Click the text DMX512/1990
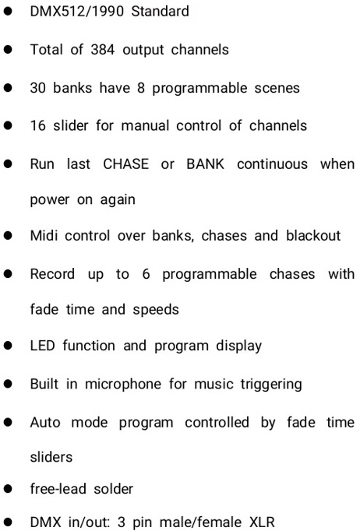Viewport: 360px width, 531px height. (77, 11)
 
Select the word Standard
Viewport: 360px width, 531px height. (160, 11)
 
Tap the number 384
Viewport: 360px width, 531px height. (103, 50)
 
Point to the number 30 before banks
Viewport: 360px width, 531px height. (37, 88)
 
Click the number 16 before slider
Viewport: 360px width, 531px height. (37, 125)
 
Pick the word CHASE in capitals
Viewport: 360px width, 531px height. (125, 164)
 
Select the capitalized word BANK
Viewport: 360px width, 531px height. (206, 164)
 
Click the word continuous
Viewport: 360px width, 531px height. (272, 164)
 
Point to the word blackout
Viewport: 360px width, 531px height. (313, 235)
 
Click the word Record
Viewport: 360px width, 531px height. (52, 273)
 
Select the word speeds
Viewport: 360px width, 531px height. (156, 310)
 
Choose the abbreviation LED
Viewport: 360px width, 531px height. (42, 346)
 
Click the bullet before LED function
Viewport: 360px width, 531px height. (8, 346)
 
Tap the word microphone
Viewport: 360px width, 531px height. (123, 384)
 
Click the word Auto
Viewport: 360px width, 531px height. (45, 422)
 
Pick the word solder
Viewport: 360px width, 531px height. (113, 489)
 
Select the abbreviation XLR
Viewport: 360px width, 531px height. (262, 522)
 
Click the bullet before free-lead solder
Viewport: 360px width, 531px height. (8, 489)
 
